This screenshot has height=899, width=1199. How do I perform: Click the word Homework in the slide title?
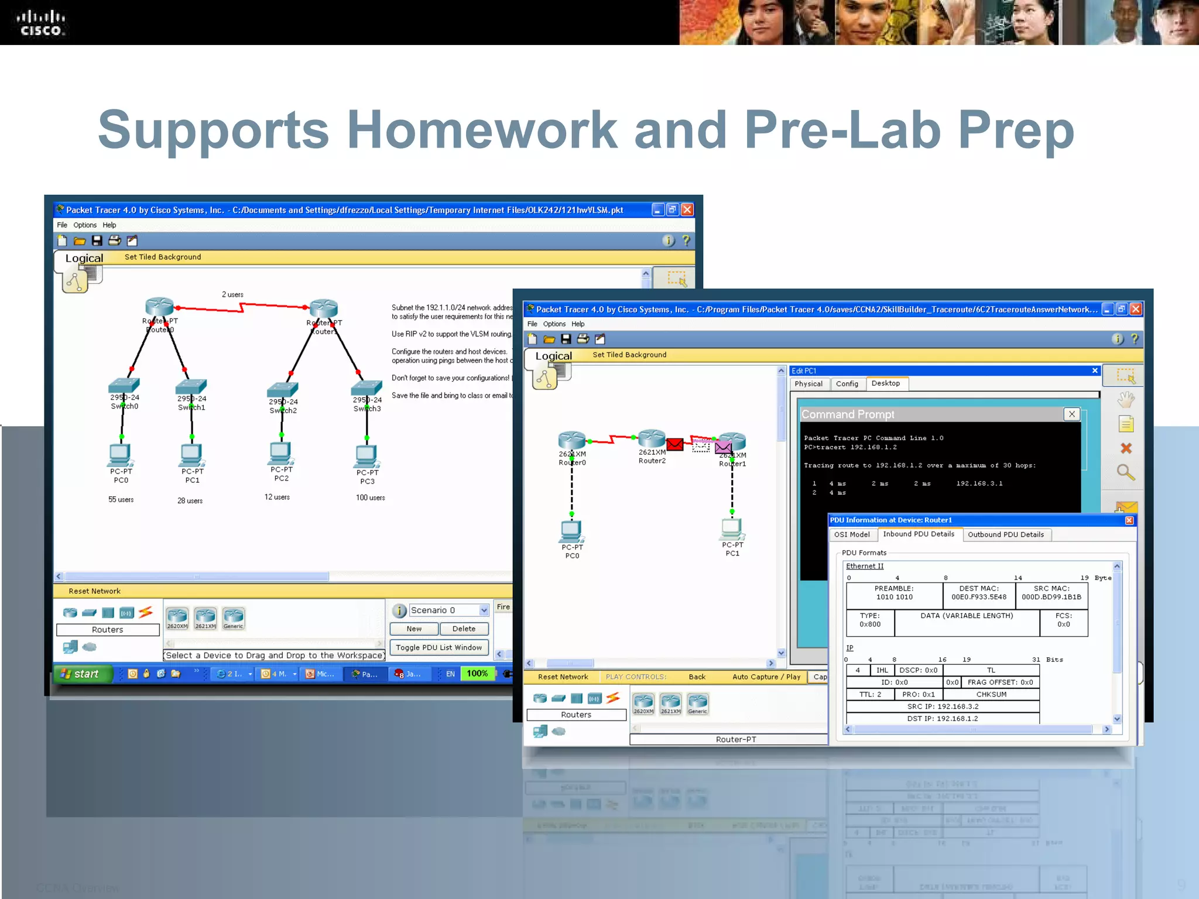click(x=482, y=130)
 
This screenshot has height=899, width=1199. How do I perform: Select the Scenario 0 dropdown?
click(x=448, y=610)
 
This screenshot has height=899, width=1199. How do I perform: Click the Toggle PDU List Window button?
click(x=439, y=647)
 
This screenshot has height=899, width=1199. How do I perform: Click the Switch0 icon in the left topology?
click(x=124, y=385)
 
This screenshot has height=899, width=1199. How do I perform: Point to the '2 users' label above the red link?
click(x=232, y=294)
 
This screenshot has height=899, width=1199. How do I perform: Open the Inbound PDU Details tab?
click(x=918, y=534)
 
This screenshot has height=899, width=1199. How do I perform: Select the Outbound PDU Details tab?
click(x=1005, y=534)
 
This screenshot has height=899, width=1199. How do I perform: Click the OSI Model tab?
click(x=852, y=534)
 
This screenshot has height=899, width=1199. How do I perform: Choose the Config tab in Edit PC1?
click(x=847, y=383)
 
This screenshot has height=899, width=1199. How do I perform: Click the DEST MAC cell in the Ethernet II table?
click(x=978, y=593)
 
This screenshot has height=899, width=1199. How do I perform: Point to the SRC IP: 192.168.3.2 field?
click(x=943, y=706)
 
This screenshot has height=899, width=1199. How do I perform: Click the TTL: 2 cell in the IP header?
click(x=870, y=694)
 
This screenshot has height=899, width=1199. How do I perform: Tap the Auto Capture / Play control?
click(x=766, y=677)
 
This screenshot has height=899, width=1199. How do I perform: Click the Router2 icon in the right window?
click(x=652, y=438)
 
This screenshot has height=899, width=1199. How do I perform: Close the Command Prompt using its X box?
click(x=1071, y=414)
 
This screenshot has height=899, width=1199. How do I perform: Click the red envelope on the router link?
click(x=674, y=444)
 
